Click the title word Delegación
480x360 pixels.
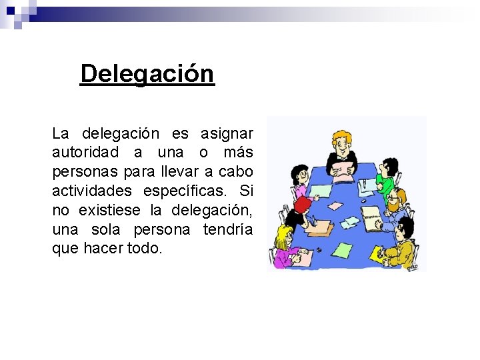147,73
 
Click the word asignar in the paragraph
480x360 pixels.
227,133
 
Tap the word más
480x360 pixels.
237,153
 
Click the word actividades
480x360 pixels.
91,191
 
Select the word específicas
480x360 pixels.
189,191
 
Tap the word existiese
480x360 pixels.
109,211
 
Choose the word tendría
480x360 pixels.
230,230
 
